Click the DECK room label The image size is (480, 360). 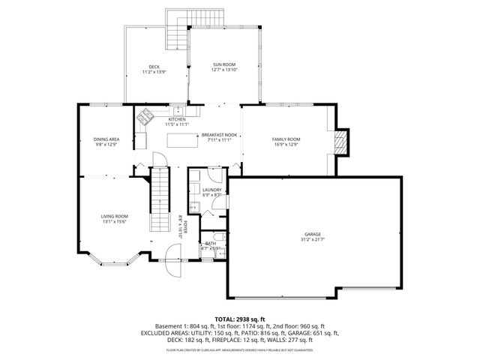[x=154, y=67]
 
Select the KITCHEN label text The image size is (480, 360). [x=176, y=119]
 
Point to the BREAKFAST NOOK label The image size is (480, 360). [x=217, y=135]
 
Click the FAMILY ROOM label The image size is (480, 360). [x=285, y=139]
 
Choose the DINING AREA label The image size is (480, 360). [x=106, y=139]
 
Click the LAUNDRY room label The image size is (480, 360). [x=212, y=190]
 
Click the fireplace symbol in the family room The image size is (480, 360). [x=342, y=142]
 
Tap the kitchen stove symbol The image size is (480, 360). [x=143, y=116]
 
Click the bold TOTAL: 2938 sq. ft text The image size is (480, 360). [x=240, y=319]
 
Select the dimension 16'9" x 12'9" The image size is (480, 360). [x=285, y=145]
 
